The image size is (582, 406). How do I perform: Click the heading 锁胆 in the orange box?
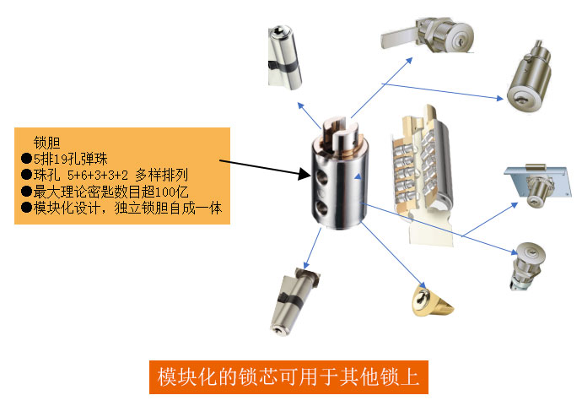[46, 143]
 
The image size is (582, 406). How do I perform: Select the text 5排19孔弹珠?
[71, 159]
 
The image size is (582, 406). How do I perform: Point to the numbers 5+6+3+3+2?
[98, 175]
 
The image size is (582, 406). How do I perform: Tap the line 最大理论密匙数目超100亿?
[111, 192]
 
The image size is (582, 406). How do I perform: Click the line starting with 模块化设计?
[127, 208]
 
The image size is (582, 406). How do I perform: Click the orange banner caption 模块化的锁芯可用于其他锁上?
[288, 377]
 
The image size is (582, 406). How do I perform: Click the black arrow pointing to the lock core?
[265, 167]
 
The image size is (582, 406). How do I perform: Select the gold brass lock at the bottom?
[432, 300]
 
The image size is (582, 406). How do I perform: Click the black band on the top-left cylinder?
[283, 67]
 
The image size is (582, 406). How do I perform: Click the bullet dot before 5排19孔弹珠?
[26, 159]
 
